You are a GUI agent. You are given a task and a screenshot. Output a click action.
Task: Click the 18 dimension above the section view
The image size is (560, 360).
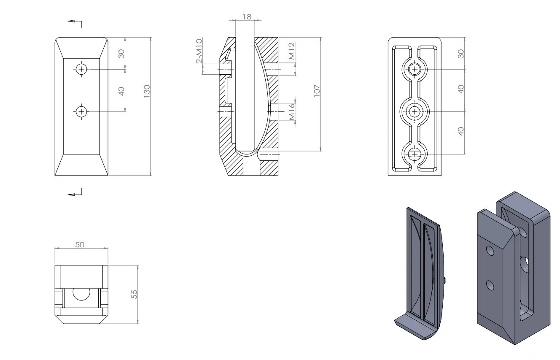pyautogui.click(x=247, y=16)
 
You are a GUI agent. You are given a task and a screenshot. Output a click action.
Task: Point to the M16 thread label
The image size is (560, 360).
pyautogui.click(x=292, y=111)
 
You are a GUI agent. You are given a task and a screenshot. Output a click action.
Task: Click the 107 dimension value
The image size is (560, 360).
pyautogui.click(x=317, y=91)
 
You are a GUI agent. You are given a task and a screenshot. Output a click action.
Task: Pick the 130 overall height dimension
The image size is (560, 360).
pyautogui.click(x=147, y=91)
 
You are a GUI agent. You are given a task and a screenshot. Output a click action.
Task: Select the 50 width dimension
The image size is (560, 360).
pyautogui.click(x=79, y=244)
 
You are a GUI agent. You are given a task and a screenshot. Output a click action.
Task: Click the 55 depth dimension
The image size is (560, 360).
pyautogui.click(x=135, y=294)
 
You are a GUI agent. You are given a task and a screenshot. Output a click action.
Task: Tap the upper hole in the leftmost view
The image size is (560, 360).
pyautogui.click(x=81, y=68)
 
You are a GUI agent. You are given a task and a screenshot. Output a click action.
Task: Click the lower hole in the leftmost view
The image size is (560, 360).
pyautogui.click(x=81, y=111)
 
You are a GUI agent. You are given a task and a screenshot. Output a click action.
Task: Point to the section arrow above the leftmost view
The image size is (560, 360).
pyautogui.click(x=75, y=22)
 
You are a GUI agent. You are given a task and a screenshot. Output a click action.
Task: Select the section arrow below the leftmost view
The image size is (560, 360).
pyautogui.click(x=75, y=193)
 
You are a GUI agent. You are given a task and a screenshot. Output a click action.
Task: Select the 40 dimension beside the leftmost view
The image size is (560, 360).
pyautogui.click(x=121, y=91)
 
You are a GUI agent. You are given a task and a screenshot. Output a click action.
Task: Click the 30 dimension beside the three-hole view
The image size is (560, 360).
pyautogui.click(x=461, y=54)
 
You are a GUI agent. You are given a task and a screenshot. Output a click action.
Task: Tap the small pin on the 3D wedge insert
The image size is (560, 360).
pyautogui.click(x=446, y=280)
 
